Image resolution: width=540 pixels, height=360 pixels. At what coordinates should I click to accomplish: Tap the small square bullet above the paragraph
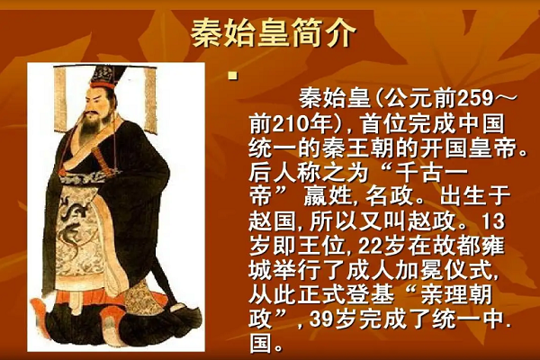click(x=231, y=76)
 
